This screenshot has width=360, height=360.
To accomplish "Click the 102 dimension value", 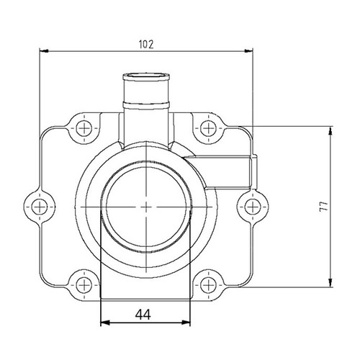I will click(146, 43).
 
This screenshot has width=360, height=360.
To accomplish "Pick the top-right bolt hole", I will click(207, 128).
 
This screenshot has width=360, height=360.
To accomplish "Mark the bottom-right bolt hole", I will click(207, 281).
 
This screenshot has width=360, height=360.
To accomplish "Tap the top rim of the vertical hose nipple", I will click(147, 76).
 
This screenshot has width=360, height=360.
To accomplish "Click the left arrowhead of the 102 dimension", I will click(42, 50).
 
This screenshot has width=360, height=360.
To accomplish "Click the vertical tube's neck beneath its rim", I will click(147, 101).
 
